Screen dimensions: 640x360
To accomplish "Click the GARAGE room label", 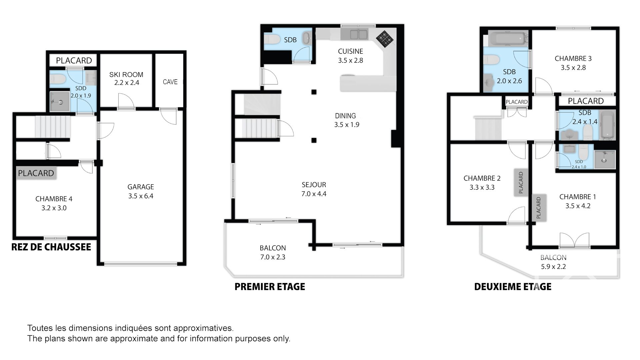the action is [141, 187].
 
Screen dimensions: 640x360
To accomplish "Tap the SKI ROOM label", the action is [126, 75].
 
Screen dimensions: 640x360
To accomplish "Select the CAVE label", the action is [170, 82].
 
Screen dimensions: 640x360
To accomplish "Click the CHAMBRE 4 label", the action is [54, 199].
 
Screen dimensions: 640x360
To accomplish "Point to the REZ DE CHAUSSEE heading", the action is [51, 247].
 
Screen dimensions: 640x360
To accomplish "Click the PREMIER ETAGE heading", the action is [270, 287].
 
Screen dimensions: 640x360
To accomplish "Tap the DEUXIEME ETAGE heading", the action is [513, 287].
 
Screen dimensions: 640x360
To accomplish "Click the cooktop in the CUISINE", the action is [385, 39].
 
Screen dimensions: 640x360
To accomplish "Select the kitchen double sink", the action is [358, 34].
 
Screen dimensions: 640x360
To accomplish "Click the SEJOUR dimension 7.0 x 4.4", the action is [314, 194].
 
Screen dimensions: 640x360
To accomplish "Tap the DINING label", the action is [345, 116].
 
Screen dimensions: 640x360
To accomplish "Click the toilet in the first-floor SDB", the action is [272, 40].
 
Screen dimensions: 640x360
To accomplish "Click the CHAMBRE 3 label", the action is [573, 59].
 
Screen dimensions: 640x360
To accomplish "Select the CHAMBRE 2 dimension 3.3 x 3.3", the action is [482, 187].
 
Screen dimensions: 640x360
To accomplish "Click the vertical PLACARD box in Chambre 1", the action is [539, 207].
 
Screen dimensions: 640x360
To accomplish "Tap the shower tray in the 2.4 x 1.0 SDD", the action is [604, 160].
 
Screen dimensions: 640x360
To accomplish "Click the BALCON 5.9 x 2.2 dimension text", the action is [553, 267].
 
